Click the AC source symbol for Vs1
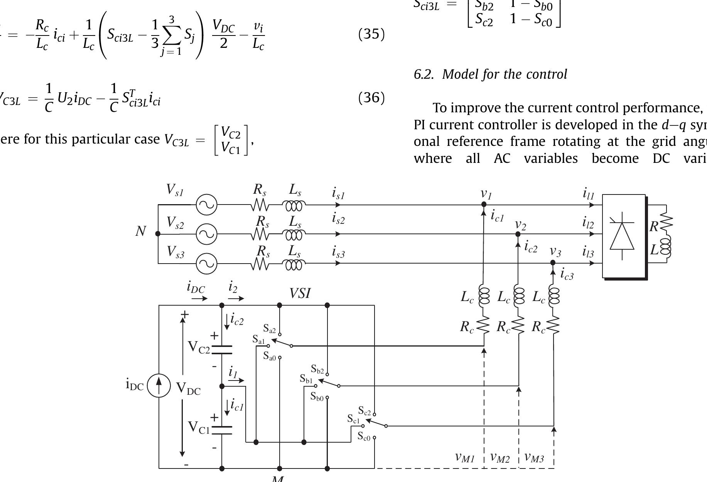(x=207, y=205)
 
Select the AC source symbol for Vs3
(x=207, y=264)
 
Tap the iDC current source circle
(x=159, y=385)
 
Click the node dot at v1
(x=484, y=205)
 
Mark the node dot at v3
(x=553, y=263)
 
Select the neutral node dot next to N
(x=158, y=233)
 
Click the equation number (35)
(x=371, y=34)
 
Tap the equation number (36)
(x=371, y=98)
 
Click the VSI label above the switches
(x=300, y=294)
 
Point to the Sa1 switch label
(x=259, y=339)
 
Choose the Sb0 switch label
(x=317, y=396)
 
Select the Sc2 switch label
(x=364, y=410)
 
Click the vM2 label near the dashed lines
(x=500, y=458)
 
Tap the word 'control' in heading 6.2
(x=548, y=74)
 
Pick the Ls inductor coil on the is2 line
(x=294, y=234)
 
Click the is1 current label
(x=338, y=193)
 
